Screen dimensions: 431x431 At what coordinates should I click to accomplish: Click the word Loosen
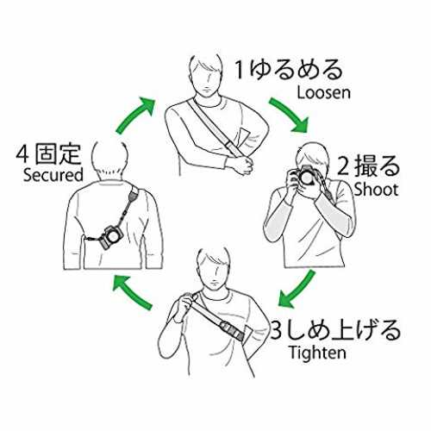pos(324,93)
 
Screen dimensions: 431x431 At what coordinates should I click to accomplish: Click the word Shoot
pos(376,190)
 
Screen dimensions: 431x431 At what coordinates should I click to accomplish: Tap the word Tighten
pos(318,353)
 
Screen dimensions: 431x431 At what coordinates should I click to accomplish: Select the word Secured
pos(53,175)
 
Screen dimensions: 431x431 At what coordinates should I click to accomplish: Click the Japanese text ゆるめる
pos(296,70)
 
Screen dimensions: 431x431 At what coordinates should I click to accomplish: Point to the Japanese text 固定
pos(58,154)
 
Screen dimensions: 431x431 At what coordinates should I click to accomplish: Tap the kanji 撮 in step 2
pos(365,166)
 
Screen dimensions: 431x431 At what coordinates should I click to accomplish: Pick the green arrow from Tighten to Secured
pos(132,291)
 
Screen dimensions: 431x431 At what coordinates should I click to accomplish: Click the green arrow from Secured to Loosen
pos(135,115)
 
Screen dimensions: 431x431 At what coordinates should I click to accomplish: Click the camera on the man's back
pos(110,237)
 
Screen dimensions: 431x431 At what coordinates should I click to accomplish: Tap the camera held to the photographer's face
pos(304,175)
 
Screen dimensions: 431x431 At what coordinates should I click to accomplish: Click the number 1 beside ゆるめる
pos(240,70)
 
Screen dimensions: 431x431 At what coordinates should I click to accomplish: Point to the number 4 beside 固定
pos(23,154)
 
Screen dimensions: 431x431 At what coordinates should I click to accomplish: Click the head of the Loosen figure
pos(206,75)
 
